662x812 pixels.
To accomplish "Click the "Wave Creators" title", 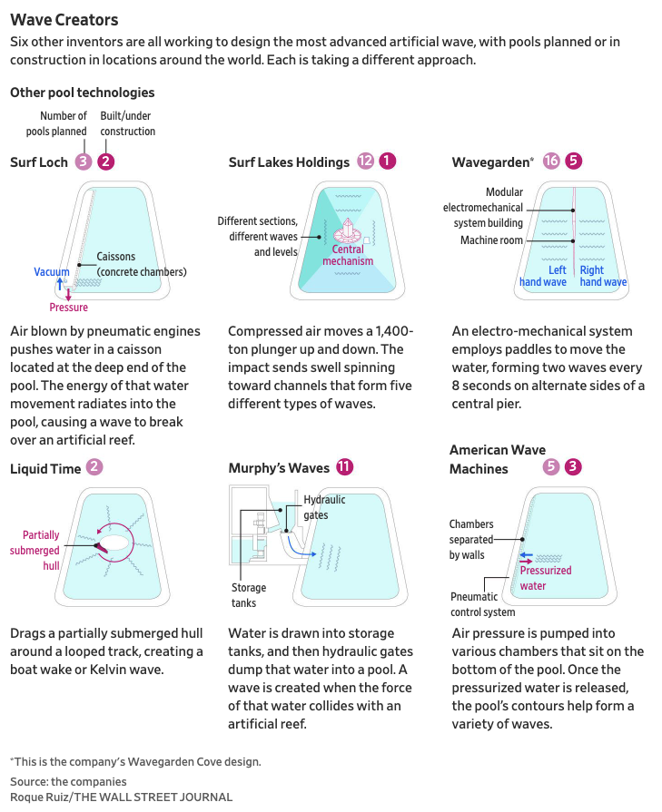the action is [x=64, y=19].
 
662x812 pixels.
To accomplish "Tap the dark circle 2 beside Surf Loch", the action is [x=106, y=162].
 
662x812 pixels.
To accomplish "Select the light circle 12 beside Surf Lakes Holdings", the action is [x=366, y=161].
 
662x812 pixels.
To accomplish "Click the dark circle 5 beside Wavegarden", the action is [x=573, y=161].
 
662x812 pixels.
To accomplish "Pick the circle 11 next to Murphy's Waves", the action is [x=344, y=467].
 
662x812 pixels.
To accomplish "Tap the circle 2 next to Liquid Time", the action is [x=94, y=468].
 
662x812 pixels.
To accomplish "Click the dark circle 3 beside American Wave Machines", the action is [x=573, y=468].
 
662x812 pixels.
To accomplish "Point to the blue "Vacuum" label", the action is [x=52, y=272].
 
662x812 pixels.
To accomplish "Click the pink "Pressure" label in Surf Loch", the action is [x=69, y=308].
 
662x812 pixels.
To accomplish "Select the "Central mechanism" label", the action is [x=348, y=255].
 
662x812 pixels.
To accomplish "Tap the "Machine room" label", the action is [x=491, y=240].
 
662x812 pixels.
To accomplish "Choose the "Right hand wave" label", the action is [x=603, y=276].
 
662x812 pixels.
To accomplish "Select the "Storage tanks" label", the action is [x=248, y=595].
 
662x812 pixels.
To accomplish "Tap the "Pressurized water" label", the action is [x=546, y=577].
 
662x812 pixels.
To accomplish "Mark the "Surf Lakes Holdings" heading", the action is [x=289, y=162].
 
